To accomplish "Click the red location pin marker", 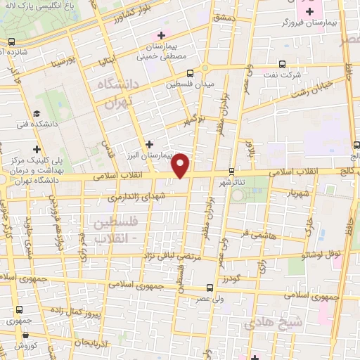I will (181, 165).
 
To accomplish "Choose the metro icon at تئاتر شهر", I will (231, 171).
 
